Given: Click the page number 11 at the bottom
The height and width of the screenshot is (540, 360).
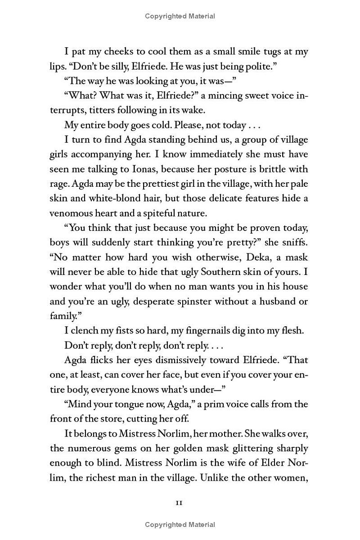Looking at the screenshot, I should pyautogui.click(x=179, y=503).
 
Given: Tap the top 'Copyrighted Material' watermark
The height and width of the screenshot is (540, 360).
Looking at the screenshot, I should pyautogui.click(x=180, y=16).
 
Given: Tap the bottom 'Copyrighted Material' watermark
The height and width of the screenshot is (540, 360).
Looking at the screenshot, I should pyautogui.click(x=180, y=525).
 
